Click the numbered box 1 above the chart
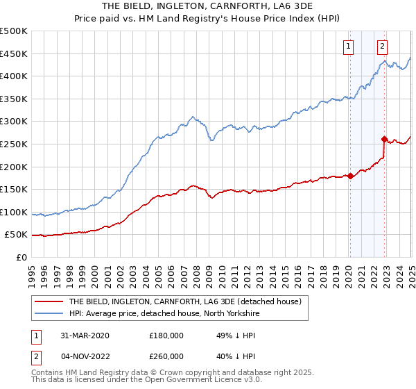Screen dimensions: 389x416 point(347,47)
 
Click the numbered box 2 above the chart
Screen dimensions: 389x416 point(382,47)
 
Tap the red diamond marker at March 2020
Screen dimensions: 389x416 point(351,176)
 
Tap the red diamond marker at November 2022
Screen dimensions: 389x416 point(384,139)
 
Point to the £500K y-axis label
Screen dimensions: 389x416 point(14,31)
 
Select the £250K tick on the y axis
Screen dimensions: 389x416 point(14,144)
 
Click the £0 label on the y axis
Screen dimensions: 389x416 point(21,257)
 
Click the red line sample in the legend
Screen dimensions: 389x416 point(48,301)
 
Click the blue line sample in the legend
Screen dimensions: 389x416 point(48,313)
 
